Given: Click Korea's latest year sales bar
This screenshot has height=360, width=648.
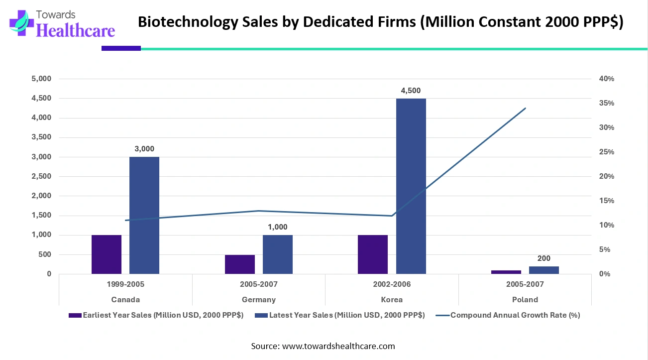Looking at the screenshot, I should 411,186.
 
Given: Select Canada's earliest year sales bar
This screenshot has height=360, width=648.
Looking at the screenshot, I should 107,254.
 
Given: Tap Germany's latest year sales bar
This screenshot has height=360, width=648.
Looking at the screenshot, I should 278,254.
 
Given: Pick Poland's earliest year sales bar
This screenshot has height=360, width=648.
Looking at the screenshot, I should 506,272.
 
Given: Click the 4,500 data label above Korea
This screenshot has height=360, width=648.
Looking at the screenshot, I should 411,91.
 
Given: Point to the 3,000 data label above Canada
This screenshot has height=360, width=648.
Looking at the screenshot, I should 144,149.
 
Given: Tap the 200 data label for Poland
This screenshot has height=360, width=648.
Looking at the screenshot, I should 544,258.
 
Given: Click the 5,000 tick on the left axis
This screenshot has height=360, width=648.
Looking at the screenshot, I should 42,79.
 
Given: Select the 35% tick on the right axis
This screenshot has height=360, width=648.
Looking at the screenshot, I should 607,103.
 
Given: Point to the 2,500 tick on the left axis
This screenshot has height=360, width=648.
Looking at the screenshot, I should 42,176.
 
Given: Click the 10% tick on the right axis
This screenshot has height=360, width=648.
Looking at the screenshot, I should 607,225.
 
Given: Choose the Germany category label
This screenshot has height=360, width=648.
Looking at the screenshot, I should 259,300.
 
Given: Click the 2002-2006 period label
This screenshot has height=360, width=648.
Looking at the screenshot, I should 392,285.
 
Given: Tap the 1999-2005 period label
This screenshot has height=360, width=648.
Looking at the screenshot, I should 125,285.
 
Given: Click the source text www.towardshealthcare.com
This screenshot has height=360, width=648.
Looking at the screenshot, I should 338,346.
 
